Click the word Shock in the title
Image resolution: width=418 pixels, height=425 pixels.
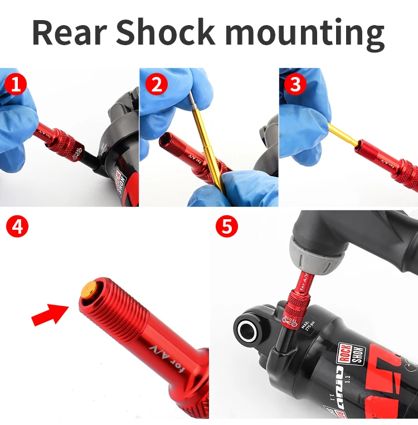point(165,32)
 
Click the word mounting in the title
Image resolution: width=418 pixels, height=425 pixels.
point(305,32)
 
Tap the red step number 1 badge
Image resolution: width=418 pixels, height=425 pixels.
point(16,84)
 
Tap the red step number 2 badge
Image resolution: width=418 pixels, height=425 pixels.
point(157,84)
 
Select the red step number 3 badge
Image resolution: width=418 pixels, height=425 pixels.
point(295,84)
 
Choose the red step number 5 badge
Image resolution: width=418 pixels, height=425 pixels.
point(227,228)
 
